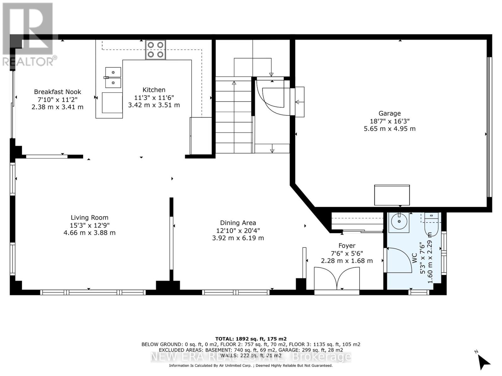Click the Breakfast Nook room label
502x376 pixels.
57,92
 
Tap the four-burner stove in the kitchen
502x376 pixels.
156,50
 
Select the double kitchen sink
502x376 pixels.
113,78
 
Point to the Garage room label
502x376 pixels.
389,113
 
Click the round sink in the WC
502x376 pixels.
399,222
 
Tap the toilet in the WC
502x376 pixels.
431,224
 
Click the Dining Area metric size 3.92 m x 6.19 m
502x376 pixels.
238,238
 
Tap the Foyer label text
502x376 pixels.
347,246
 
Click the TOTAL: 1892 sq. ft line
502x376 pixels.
251,339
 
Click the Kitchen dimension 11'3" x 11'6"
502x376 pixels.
154,98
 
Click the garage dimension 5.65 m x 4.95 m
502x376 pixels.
389,129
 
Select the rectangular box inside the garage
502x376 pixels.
392,195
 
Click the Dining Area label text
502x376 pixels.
238,223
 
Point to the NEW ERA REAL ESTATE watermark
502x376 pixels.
251,357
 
